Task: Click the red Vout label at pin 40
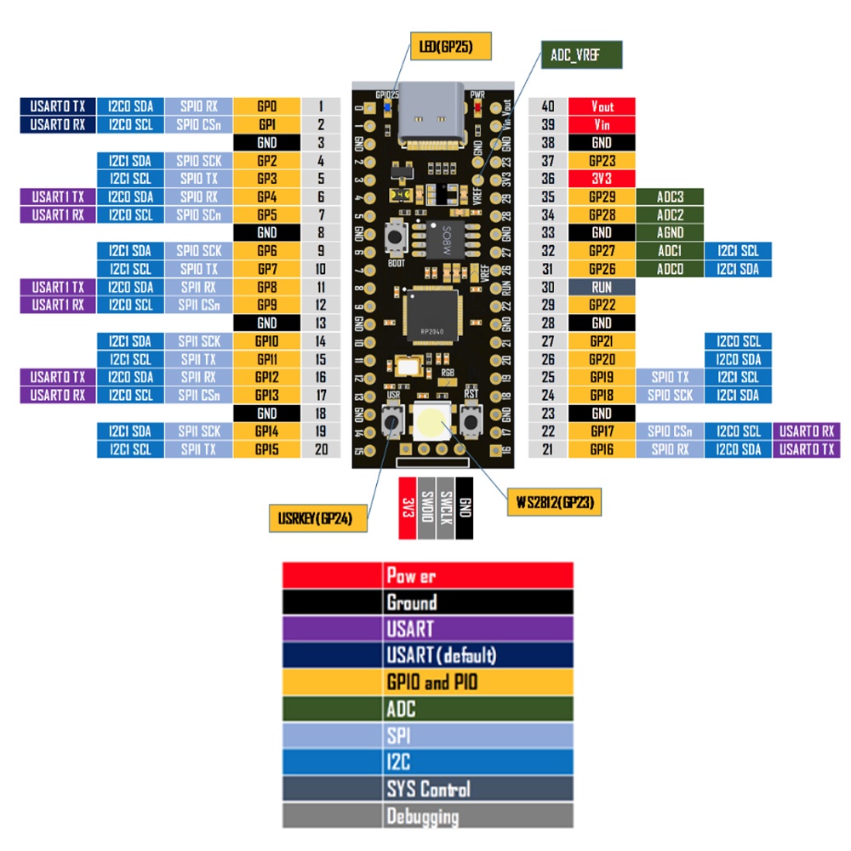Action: (602, 106)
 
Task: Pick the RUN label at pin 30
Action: (602, 287)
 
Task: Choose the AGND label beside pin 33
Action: (670, 232)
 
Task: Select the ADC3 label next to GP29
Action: (670, 197)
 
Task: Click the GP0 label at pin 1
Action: (266, 106)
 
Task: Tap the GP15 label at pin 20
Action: (266, 448)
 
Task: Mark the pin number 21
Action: (548, 448)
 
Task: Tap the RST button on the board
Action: (471, 419)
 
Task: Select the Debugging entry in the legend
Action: (428, 816)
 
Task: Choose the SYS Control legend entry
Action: (428, 789)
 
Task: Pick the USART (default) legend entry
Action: (428, 655)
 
